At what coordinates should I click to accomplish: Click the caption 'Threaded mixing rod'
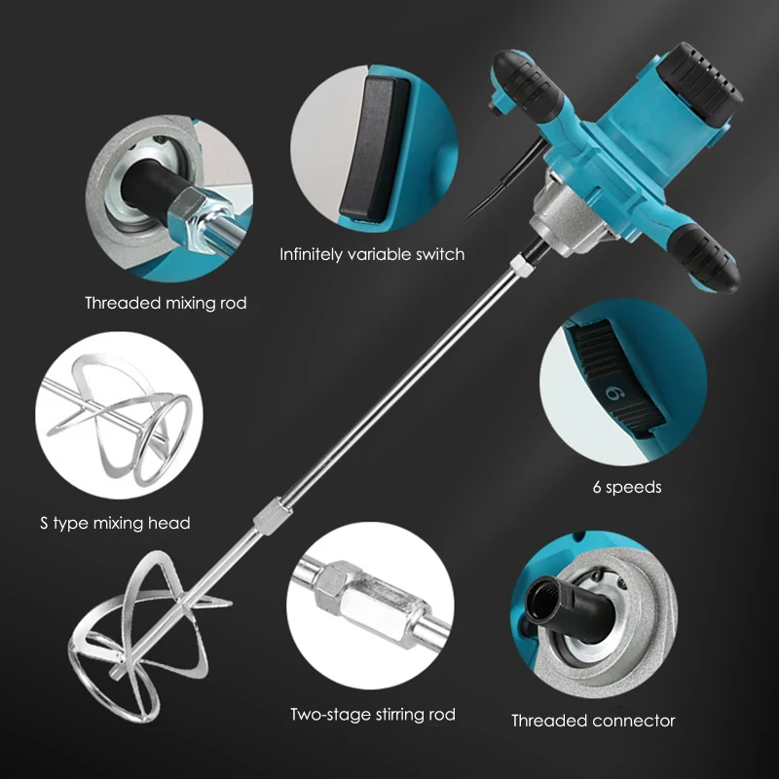[166, 303]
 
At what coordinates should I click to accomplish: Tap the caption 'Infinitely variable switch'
[372, 254]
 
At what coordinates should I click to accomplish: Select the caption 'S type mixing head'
[115, 523]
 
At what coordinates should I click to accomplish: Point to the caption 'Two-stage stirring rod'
[373, 714]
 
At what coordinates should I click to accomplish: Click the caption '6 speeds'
[626, 487]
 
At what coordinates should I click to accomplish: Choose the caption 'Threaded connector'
[593, 721]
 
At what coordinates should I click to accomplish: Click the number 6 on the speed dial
[614, 392]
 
